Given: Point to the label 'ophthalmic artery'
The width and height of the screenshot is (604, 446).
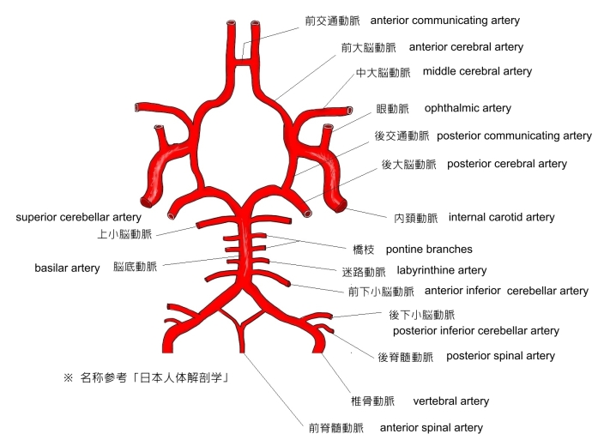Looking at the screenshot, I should tap(468, 109).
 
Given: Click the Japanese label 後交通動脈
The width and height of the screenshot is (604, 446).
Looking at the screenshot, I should tap(402, 136).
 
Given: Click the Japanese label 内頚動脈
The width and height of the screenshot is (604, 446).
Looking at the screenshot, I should tap(415, 218).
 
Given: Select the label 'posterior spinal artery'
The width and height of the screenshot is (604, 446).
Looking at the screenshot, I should tap(500, 356).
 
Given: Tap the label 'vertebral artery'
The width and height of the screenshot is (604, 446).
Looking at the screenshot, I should tap(450, 401).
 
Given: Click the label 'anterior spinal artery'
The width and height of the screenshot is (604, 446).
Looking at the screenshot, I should tap(431, 427).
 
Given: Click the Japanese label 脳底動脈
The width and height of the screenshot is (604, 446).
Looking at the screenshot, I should tap(136, 268).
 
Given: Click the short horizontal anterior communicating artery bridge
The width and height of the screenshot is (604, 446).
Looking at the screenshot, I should tap(244, 58).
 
